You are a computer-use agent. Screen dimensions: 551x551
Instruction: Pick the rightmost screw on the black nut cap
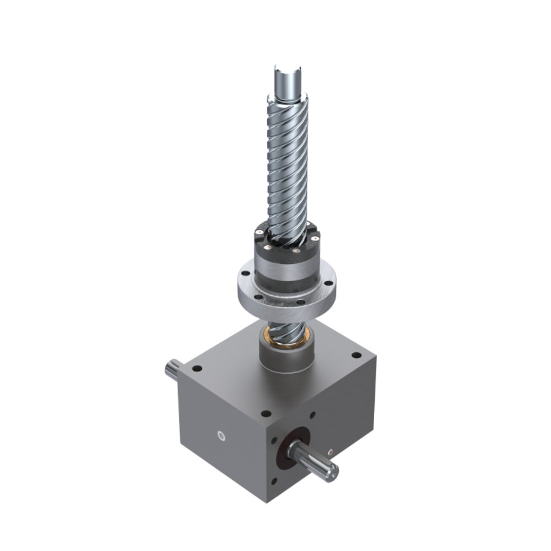315,236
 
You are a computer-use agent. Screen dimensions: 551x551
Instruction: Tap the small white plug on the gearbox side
222,436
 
